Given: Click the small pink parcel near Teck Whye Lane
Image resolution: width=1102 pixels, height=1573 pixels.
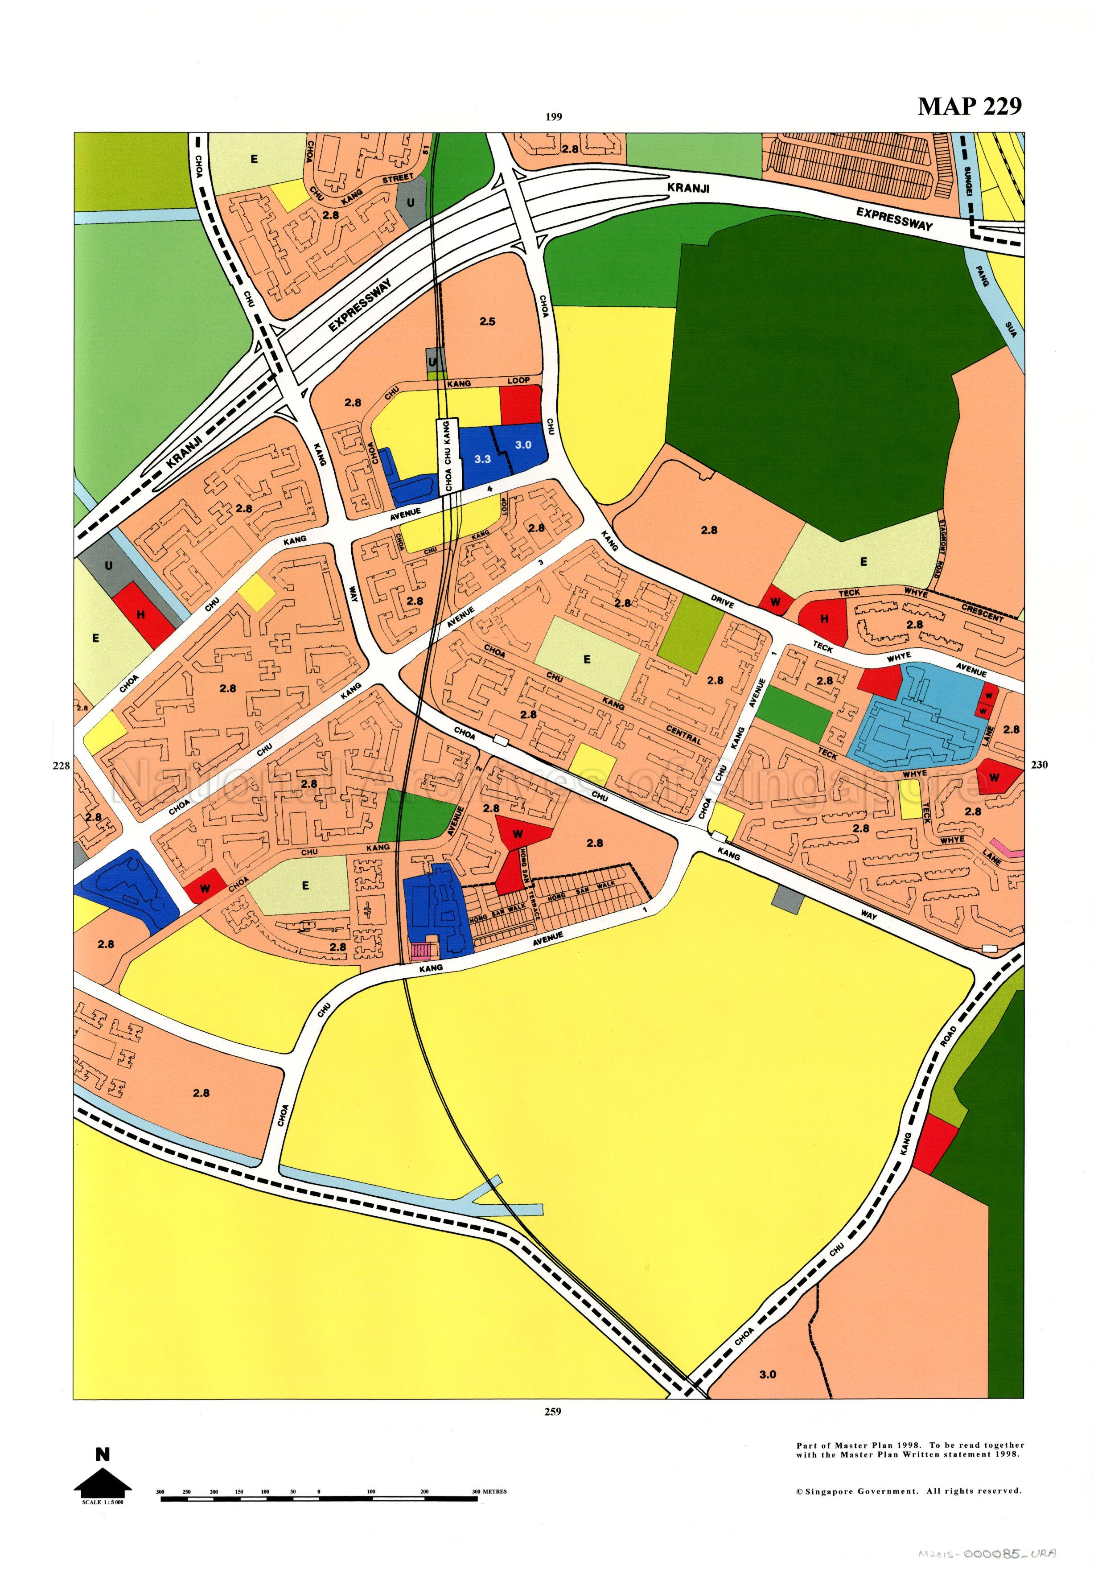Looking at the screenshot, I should coord(1009,850).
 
